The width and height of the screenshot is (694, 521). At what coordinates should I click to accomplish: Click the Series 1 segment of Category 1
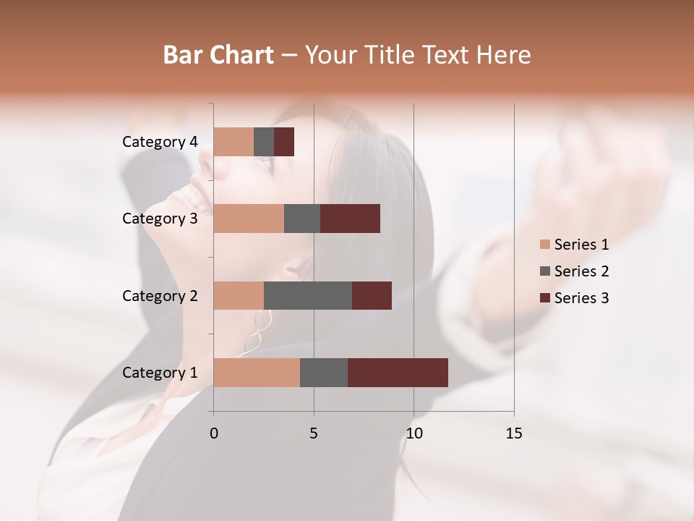pyautogui.click(x=257, y=372)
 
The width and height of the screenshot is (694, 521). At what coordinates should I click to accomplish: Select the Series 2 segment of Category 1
pyautogui.click(x=324, y=372)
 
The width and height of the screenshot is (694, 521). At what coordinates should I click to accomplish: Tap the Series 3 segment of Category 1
pyautogui.click(x=398, y=372)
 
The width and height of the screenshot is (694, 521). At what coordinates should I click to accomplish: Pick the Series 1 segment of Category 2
pyautogui.click(x=239, y=295)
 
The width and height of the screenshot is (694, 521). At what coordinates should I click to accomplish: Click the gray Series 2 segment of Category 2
pyautogui.click(x=308, y=295)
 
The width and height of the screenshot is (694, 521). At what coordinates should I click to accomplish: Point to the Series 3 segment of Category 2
pyautogui.click(x=372, y=295)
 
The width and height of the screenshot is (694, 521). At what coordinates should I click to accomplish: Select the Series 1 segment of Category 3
pyautogui.click(x=249, y=218)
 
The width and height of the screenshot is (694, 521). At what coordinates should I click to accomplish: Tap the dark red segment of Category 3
pyautogui.click(x=350, y=218)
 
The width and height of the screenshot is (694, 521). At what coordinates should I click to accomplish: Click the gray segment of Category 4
pyautogui.click(x=264, y=141)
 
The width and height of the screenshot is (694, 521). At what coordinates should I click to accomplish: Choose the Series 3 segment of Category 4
pyautogui.click(x=284, y=141)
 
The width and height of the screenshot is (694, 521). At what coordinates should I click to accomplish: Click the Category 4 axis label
pyautogui.click(x=160, y=142)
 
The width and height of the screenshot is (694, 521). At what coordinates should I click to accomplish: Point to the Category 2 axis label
pyautogui.click(x=160, y=296)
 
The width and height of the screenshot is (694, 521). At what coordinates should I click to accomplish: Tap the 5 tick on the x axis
pyautogui.click(x=314, y=433)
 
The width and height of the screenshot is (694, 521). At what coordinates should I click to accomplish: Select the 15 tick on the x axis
pyautogui.click(x=513, y=433)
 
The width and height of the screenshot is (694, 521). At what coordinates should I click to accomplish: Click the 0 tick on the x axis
pyautogui.click(x=214, y=433)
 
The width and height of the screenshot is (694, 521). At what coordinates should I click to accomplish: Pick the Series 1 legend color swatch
pyautogui.click(x=544, y=245)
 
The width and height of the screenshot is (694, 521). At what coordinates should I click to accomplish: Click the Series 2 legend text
pyautogui.click(x=581, y=271)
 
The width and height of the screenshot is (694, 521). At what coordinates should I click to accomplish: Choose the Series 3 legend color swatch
pyautogui.click(x=544, y=298)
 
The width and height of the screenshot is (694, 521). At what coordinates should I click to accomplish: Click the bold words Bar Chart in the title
pyautogui.click(x=218, y=55)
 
